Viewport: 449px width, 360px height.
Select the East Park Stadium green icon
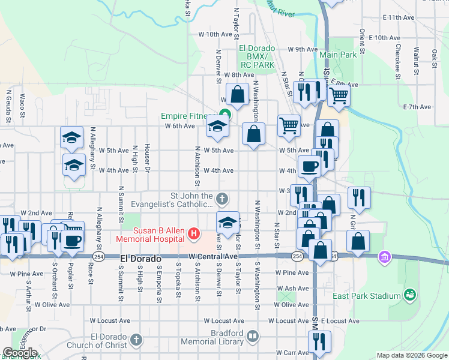pos(409,295)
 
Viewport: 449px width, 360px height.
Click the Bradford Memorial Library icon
pos(253,337)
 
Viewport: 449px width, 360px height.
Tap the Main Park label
pos(338,55)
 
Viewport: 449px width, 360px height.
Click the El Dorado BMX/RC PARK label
pos(256,56)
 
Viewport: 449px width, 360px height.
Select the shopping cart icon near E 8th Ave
pos(339,95)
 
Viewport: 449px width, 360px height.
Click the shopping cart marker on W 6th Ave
pos(289,125)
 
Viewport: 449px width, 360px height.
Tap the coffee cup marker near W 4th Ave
pos(309,166)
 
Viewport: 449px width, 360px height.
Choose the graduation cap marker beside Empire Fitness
pos(217,127)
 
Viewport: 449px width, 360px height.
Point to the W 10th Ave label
pos(214,35)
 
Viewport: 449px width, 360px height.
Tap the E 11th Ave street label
pos(402,18)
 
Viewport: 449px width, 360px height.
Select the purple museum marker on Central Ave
pos(384,257)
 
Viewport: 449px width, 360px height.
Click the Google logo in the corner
pos(20,353)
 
